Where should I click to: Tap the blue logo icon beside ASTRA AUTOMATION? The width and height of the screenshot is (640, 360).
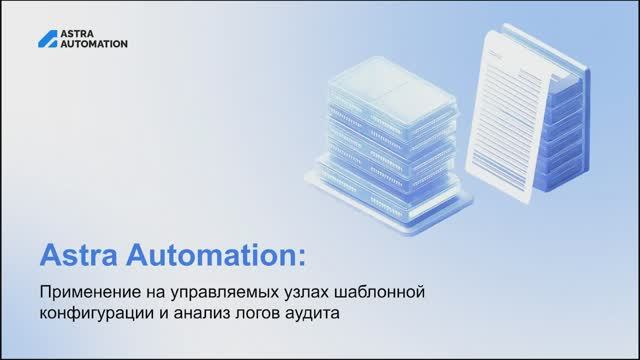pos(47,39)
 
